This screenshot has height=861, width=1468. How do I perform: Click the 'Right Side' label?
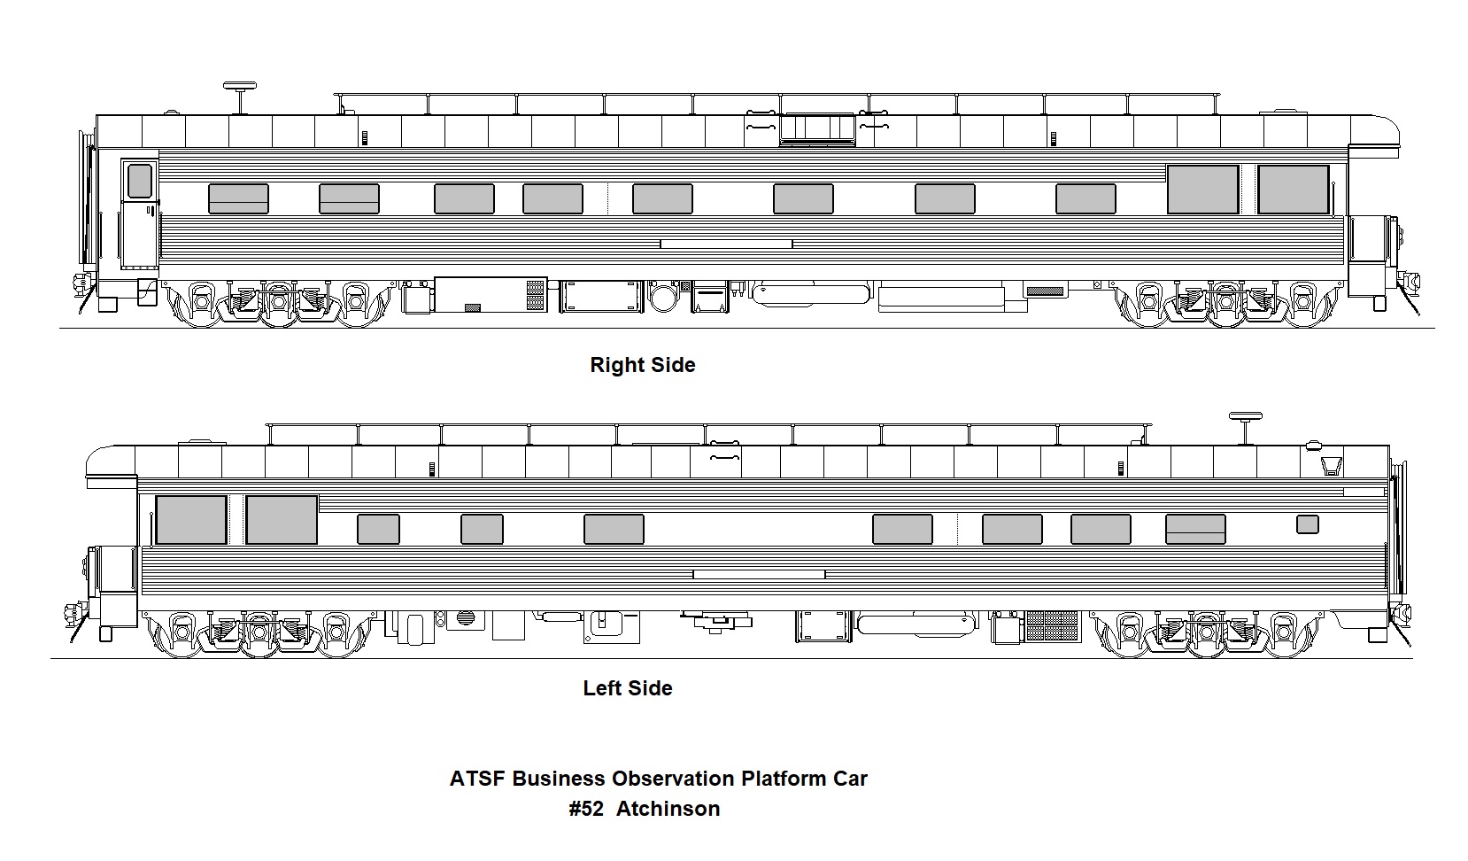click(x=642, y=365)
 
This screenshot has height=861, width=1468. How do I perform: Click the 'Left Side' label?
click(x=627, y=688)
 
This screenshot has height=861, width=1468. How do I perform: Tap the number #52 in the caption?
click(x=586, y=809)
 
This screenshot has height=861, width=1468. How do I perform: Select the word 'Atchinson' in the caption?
click(x=668, y=809)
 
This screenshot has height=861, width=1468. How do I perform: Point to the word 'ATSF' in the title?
click(x=477, y=779)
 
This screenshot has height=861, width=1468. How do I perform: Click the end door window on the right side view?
click(x=139, y=181)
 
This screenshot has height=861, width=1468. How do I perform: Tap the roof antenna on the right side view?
click(x=239, y=89)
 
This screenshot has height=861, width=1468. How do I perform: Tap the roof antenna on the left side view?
click(x=1245, y=417)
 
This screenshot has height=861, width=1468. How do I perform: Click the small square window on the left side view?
click(x=1307, y=524)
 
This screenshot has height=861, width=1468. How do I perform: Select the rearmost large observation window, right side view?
click(x=1294, y=190)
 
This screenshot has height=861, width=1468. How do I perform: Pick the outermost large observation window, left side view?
click(x=190, y=520)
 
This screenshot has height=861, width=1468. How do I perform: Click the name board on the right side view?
click(x=726, y=244)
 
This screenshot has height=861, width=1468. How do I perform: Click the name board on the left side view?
click(x=759, y=574)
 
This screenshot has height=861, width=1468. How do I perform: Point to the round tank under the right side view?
click(x=661, y=295)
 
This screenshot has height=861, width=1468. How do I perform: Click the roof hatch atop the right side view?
click(x=816, y=128)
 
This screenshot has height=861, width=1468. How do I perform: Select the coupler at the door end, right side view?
click(x=81, y=285)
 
